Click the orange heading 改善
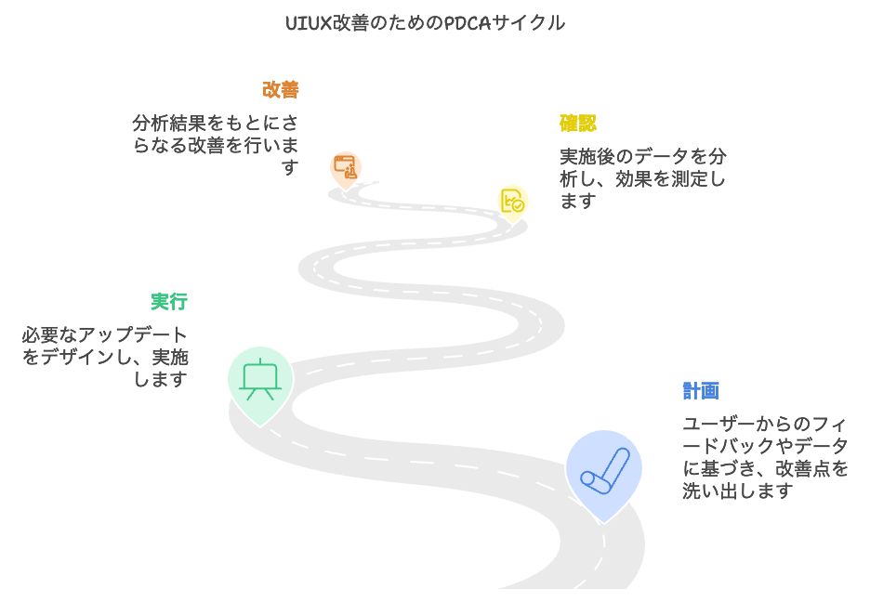pyautogui.click(x=281, y=90)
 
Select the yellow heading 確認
pyautogui.click(x=577, y=123)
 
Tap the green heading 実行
pyautogui.click(x=169, y=302)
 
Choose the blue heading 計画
pyautogui.click(x=701, y=391)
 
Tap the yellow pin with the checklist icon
pyautogui.click(x=513, y=203)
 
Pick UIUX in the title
pyautogui.click(x=309, y=23)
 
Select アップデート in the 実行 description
pyautogui.click(x=133, y=334)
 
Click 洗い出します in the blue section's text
pyautogui.click(x=737, y=491)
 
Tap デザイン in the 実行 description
pyautogui.click(x=78, y=357)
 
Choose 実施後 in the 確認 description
pyautogui.click(x=587, y=156)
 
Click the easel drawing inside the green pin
pyautogui.click(x=260, y=380)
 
